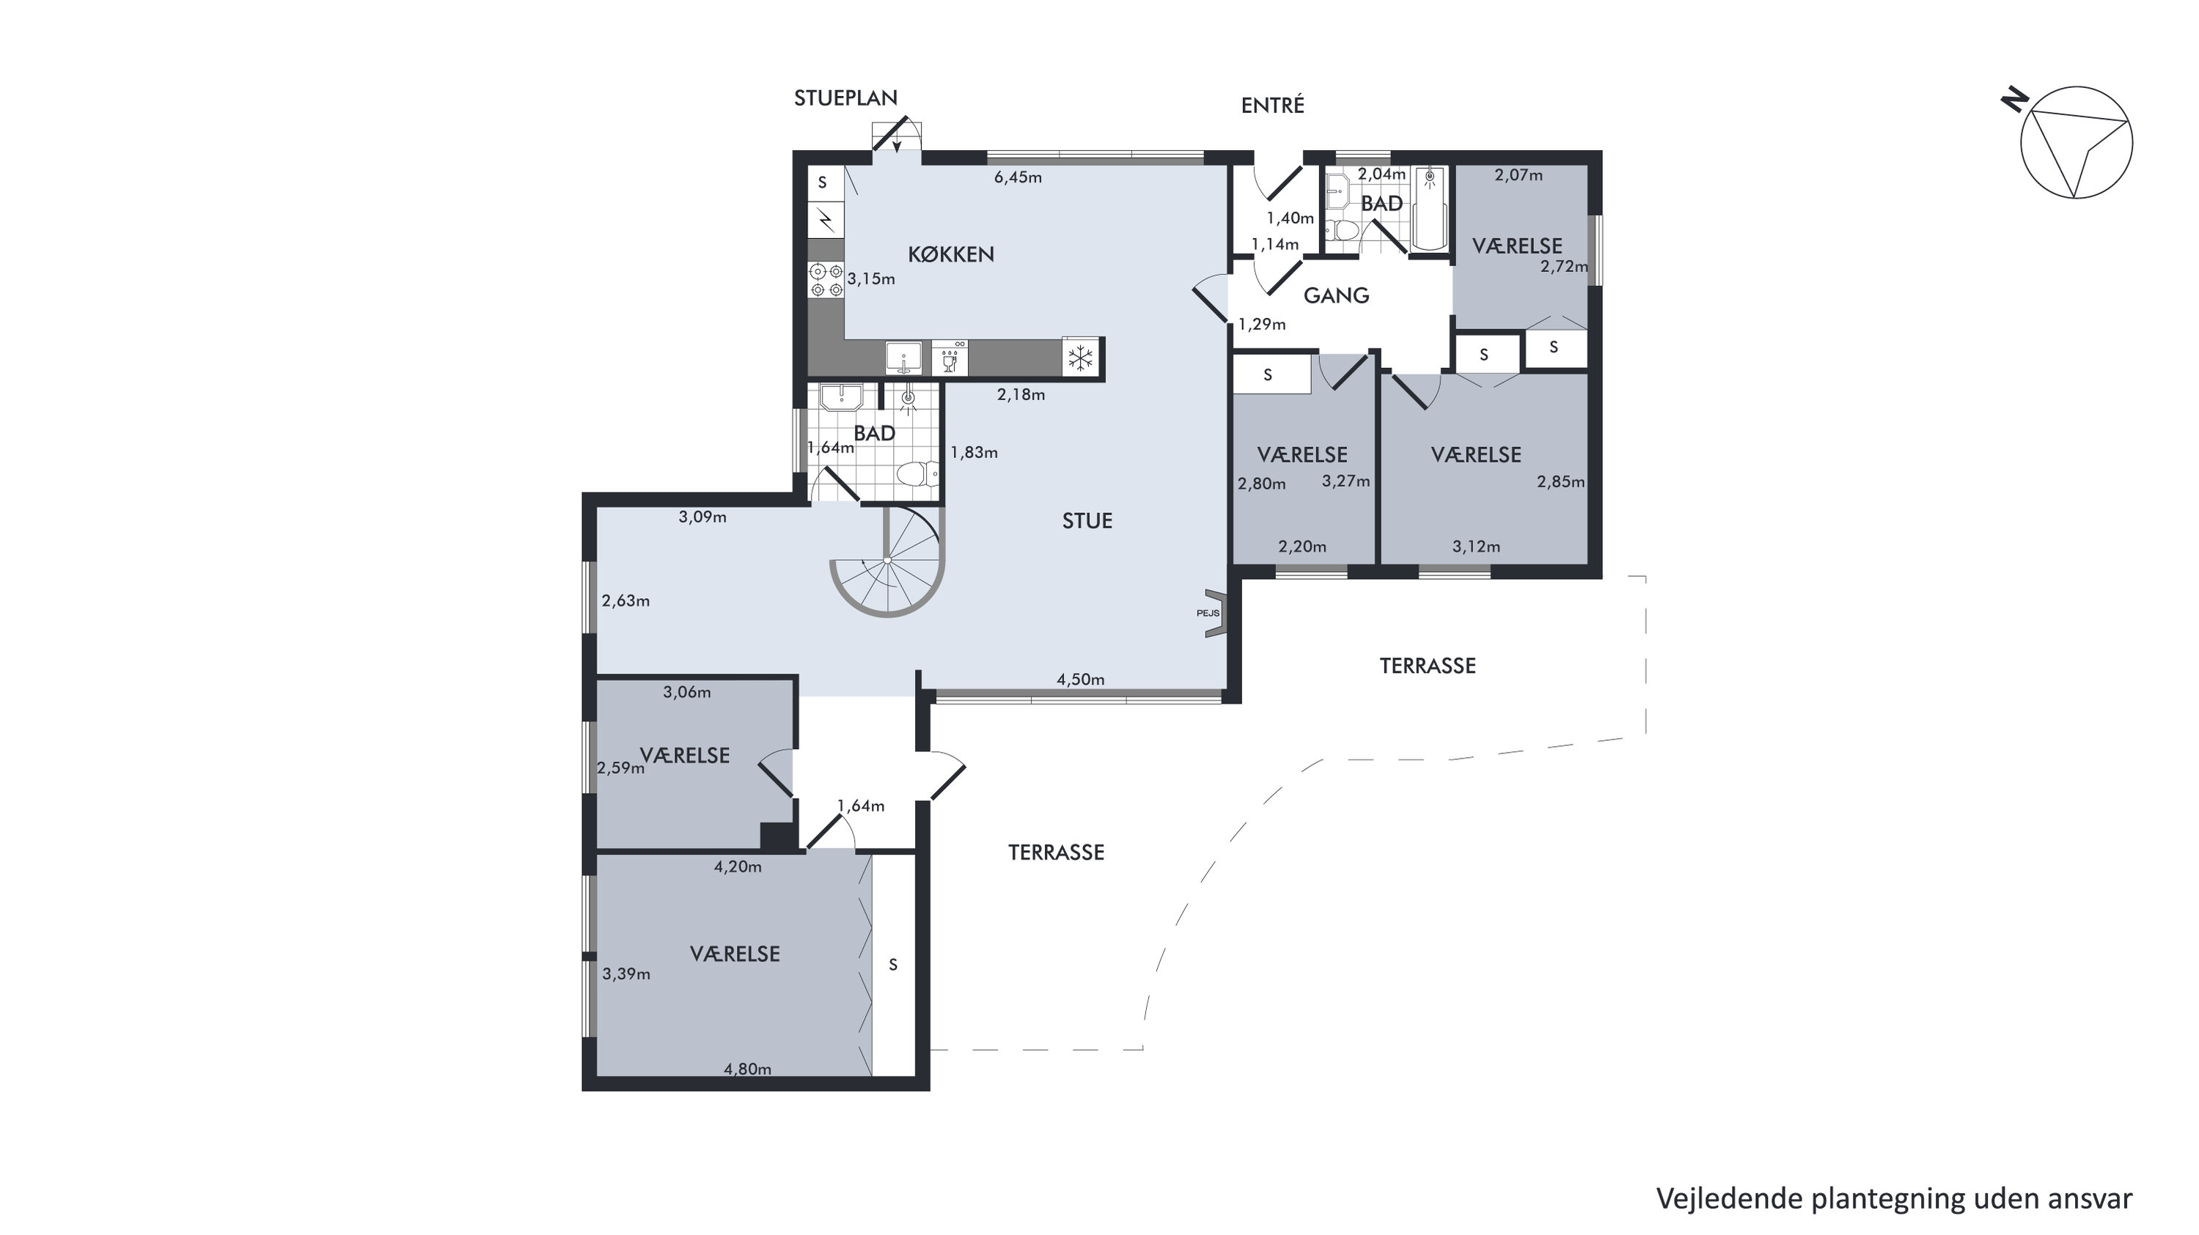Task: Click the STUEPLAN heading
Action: (x=845, y=98)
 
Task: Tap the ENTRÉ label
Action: (x=1272, y=105)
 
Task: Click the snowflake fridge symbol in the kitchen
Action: (x=1081, y=358)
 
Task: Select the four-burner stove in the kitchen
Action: (x=826, y=280)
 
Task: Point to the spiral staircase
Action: (x=888, y=560)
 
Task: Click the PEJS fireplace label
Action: (x=1208, y=613)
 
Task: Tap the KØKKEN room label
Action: (x=951, y=254)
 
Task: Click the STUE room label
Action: (x=1087, y=520)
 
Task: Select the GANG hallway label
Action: (x=1336, y=295)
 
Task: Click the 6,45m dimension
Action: (x=1018, y=177)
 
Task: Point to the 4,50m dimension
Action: (x=1080, y=679)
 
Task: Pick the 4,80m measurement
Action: (x=747, y=1069)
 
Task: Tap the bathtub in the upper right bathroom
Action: (x=1430, y=207)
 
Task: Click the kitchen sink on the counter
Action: (x=903, y=358)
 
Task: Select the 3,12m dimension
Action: (x=1476, y=546)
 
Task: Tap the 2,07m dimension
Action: (x=1519, y=175)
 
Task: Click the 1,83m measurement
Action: (x=974, y=452)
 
